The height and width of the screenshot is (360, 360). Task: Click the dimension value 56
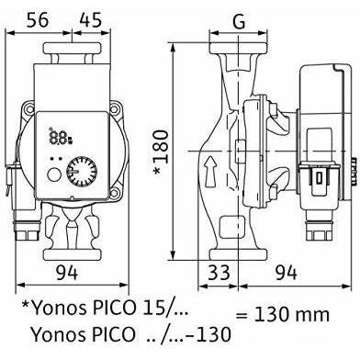[38, 20]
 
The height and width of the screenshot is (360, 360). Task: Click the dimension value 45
[90, 20]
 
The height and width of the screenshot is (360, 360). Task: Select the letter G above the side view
[239, 21]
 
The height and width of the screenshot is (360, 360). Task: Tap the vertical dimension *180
[161, 152]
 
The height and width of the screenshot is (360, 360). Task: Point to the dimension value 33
[219, 273]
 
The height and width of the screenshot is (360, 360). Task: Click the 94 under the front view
[67, 273]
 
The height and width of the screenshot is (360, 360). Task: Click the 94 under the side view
[286, 273]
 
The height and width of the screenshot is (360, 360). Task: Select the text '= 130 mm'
[282, 314]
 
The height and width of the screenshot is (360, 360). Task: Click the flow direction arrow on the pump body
[210, 171]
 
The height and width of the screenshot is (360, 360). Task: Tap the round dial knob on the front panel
[82, 172]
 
